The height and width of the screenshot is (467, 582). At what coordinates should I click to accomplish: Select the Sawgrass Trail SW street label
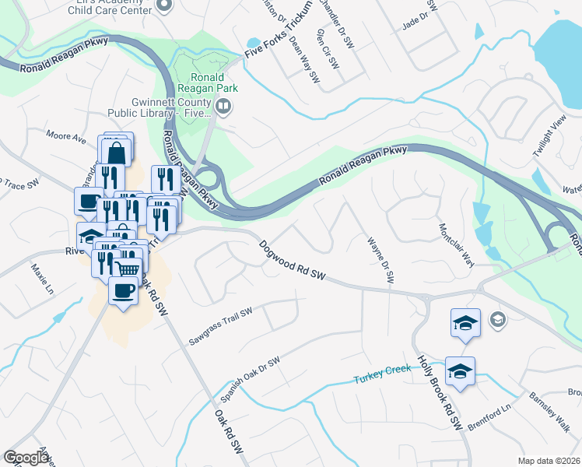(222, 326)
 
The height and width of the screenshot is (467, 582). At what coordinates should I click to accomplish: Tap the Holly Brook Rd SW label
(440, 393)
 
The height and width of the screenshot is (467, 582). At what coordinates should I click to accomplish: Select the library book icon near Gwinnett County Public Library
(224, 106)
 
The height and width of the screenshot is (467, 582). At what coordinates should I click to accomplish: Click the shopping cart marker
(128, 267)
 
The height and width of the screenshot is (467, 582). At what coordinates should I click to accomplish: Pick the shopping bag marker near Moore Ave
(115, 149)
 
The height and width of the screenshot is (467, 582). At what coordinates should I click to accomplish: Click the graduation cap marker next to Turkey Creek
(460, 370)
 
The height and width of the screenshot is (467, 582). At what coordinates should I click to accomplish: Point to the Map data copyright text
(549, 461)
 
